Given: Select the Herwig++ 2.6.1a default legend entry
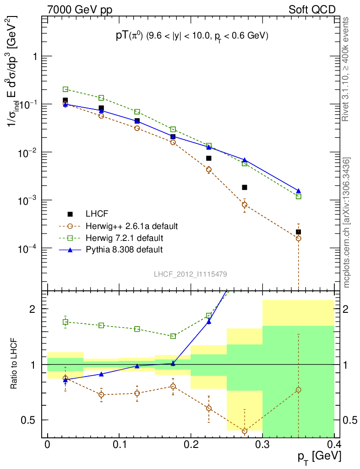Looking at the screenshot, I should tap(131, 226).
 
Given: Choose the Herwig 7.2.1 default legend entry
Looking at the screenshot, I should tap(124, 238).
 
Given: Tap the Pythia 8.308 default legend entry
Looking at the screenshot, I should tap(124, 250).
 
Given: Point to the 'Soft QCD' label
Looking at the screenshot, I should tap(312, 10).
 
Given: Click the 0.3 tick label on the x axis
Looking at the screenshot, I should tap(262, 445).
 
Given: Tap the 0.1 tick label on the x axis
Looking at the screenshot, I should tap(119, 445).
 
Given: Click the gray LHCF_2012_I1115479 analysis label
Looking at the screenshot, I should tap(190, 274).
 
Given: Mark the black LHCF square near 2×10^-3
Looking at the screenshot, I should tap(245, 187).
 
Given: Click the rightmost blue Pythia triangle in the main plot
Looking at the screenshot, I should tap(299, 191).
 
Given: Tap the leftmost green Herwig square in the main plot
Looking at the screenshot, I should tap(65, 89).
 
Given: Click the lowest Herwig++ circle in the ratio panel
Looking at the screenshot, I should tap(245, 431).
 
